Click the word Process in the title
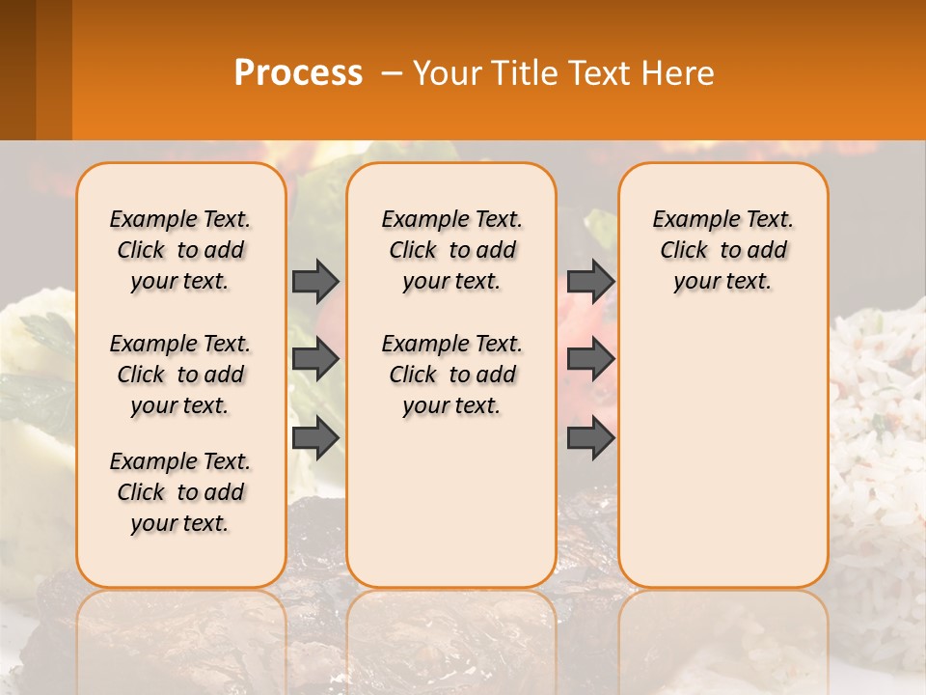tap(298, 73)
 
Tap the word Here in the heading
tap(680, 73)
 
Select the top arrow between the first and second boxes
tap(315, 281)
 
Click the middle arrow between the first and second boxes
tap(315, 359)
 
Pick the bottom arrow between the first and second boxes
tap(315, 438)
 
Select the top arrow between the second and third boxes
tap(590, 281)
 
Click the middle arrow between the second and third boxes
tap(590, 359)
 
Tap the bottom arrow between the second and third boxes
tap(590, 438)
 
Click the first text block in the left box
tap(180, 250)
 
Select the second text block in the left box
tap(180, 375)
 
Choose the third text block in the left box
tap(180, 492)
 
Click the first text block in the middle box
tap(452, 250)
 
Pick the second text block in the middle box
tap(452, 375)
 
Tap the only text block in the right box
tap(723, 250)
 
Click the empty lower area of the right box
tap(723, 463)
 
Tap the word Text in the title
tap(599, 73)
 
